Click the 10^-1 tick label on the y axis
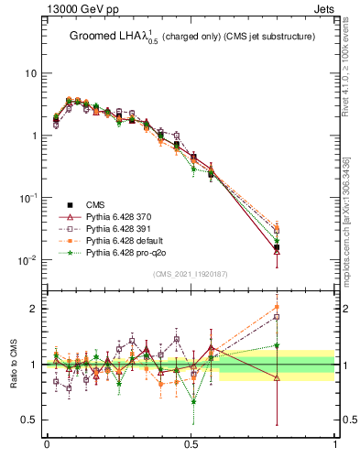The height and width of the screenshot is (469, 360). coord(27,198)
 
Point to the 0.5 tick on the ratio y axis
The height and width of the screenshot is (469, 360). coord(29,420)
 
